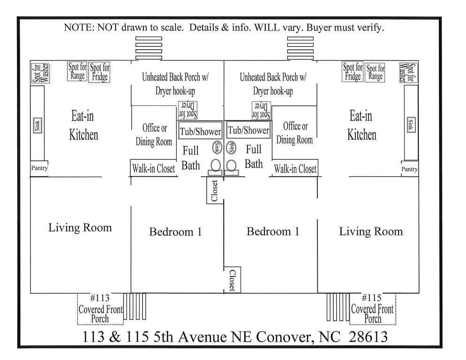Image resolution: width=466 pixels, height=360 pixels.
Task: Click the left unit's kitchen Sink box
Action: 38,125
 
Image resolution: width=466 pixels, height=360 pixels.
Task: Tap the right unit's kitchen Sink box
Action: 411,125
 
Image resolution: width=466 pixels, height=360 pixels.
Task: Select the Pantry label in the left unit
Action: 39,168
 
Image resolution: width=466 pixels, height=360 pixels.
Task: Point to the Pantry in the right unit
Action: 410,169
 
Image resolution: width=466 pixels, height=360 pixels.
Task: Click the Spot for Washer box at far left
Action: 41,72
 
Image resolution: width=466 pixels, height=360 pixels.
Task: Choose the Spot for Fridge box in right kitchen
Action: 353,72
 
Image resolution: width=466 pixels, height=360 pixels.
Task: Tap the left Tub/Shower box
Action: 200,131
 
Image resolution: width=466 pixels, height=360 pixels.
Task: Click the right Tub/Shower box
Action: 248,130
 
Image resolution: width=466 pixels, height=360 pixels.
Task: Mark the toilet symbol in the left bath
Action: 216,166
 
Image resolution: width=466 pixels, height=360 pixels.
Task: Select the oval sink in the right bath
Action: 231,148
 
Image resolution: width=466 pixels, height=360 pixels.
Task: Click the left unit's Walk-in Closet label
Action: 153,168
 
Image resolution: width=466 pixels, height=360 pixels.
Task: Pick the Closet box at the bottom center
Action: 232,280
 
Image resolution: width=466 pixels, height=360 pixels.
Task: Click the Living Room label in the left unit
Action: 80,228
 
